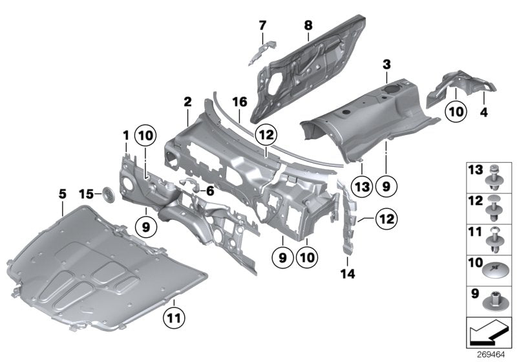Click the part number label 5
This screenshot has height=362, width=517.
point(62,193)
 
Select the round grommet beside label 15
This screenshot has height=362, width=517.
point(108,193)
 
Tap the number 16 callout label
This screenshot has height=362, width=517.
point(240,102)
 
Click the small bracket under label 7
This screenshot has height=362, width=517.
point(262,48)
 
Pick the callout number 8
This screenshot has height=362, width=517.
point(308,25)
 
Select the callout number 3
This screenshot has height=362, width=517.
point(386,65)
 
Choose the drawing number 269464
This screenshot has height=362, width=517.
point(492,355)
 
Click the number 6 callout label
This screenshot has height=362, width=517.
point(210,191)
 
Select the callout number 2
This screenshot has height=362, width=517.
point(187,102)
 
